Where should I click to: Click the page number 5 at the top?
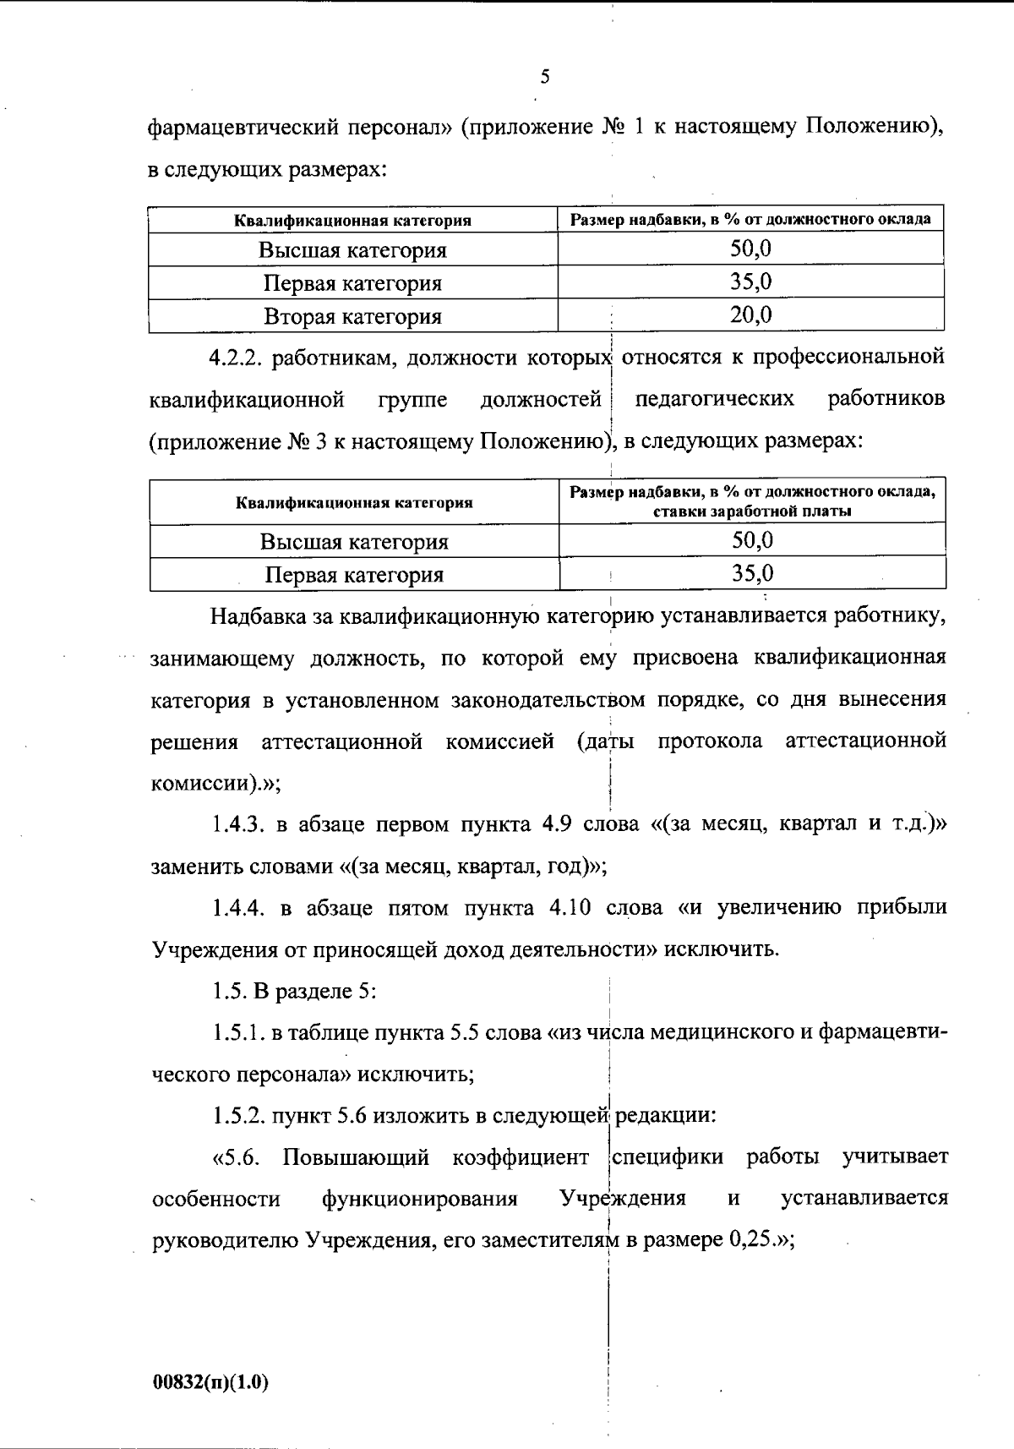pos(544,78)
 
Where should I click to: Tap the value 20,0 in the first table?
pos(750,315)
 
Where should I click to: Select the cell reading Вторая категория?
pos(352,317)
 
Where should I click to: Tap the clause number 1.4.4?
pos(238,908)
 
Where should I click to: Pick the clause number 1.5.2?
pos(238,1116)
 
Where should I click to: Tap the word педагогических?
pos(714,399)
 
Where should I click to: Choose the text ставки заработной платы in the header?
pos(752,511)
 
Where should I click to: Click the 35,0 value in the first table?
pos(750,282)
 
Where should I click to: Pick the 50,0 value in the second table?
pos(752,540)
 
